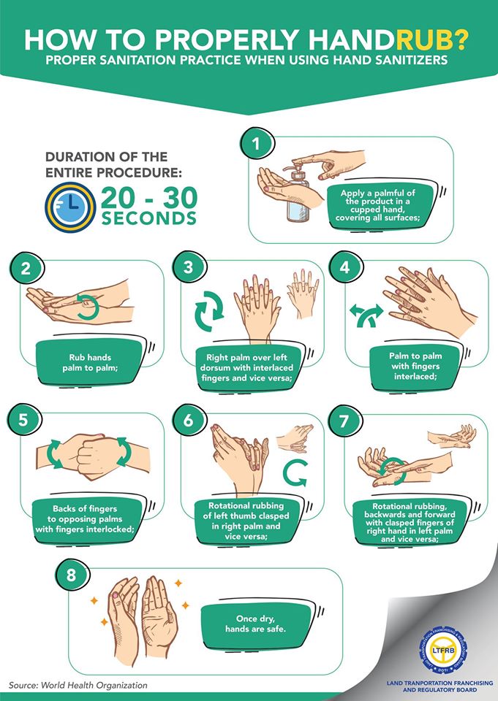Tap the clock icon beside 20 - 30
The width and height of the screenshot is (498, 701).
click(70, 207)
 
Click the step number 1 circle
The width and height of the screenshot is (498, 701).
click(256, 144)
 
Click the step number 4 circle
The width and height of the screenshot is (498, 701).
click(344, 267)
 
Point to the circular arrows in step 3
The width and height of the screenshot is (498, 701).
click(209, 311)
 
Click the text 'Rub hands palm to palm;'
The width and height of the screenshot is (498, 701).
click(90, 363)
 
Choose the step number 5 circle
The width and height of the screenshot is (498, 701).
click(23, 421)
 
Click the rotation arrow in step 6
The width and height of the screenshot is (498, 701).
click(294, 474)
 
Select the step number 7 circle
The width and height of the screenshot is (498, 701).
click(344, 421)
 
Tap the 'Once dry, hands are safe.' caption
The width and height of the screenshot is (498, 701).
click(255, 624)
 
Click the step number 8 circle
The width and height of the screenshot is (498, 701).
click(71, 575)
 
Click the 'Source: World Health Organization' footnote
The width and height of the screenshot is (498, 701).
click(78, 685)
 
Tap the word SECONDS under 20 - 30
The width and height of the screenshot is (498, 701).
click(149, 218)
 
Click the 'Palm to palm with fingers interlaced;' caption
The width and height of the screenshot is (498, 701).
click(415, 366)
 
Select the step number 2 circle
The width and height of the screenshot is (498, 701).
click(26, 268)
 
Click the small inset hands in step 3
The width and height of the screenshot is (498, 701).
click(303, 294)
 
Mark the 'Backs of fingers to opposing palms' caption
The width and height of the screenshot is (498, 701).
click(85, 513)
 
